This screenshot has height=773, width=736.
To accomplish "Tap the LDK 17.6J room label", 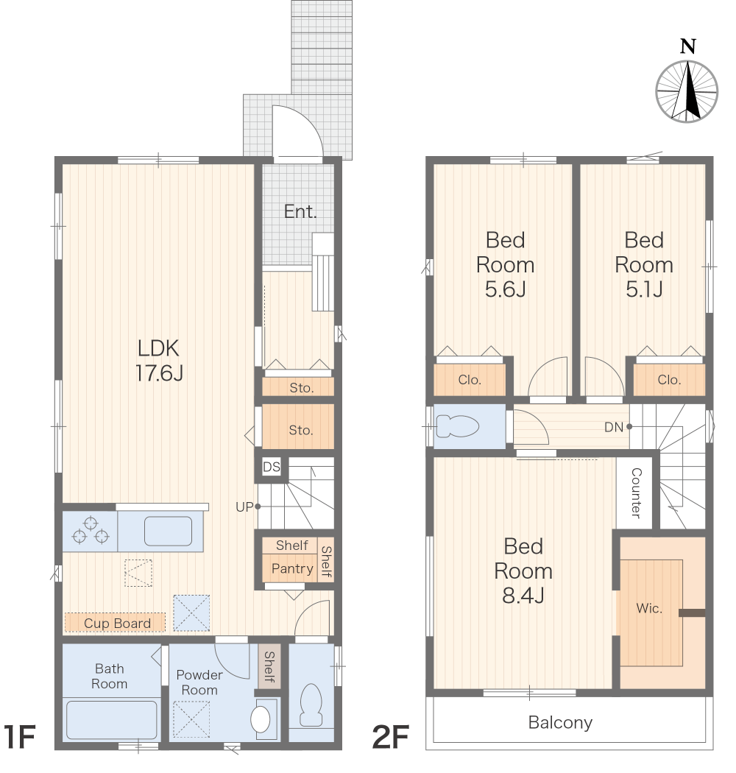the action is point(159,361).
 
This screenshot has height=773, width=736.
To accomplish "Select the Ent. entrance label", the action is point(300,211).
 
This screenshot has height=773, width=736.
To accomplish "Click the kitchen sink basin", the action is point(168,531).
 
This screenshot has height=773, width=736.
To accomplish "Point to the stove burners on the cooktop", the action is point(91,530).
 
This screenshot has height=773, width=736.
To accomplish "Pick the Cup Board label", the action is point(117,623).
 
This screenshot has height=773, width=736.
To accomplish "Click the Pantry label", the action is point(292,569).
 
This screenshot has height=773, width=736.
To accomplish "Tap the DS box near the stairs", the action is point(271,467).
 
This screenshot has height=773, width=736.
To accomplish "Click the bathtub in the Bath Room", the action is point(111,720).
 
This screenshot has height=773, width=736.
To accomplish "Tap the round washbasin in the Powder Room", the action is point(261,719).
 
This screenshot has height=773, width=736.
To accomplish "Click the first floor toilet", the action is point(311,705).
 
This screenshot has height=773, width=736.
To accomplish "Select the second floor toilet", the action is point(458,426).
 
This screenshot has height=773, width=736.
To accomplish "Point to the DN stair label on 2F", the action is point(614,428).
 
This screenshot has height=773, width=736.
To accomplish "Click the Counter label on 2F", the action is point(636,493).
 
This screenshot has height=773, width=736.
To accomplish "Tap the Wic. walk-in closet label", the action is point(648,608).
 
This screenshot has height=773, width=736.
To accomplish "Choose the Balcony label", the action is point(560,722).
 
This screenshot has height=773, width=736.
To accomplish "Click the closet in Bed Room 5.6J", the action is point(470,380).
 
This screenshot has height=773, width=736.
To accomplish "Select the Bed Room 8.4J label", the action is point(523,571).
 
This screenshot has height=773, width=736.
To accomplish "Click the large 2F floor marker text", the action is point(390,737).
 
